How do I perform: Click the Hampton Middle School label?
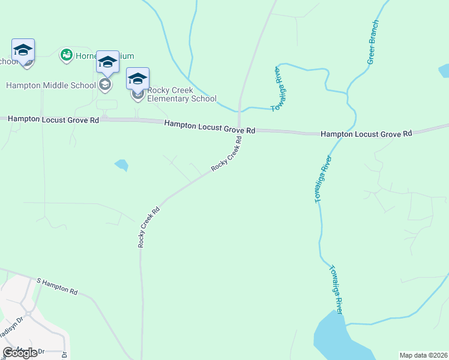50,85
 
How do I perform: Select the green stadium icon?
66,56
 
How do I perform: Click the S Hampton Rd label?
57,286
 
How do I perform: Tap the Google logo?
20,353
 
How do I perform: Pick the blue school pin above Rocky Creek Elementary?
137,78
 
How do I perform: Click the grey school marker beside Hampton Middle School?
105,85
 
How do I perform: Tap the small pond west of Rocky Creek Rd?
122,164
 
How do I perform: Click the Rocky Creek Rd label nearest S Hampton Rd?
149,227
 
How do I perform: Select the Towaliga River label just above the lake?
336,290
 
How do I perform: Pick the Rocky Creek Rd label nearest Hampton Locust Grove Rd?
227,155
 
